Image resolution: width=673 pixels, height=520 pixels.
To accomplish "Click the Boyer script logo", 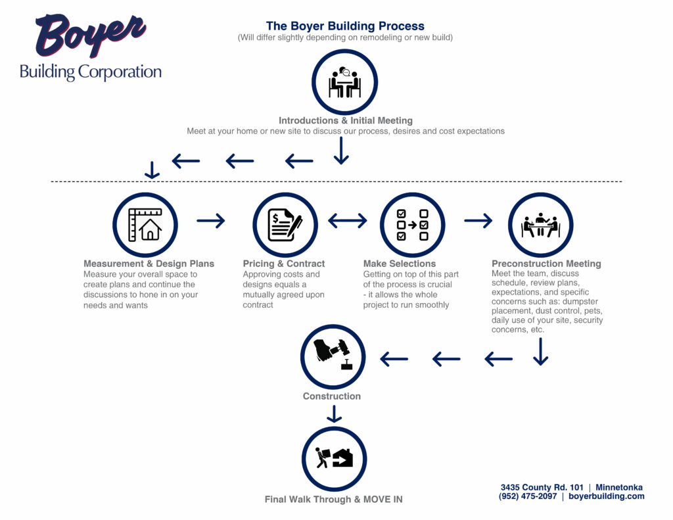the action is tap(90, 35).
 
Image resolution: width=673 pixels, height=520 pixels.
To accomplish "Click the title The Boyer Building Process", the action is tap(345, 26).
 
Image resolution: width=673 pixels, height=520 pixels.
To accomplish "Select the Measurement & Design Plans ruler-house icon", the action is tap(145, 225).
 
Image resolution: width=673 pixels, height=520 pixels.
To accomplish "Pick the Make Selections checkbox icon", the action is tap(412, 225).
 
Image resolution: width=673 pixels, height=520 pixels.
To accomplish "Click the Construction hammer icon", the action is tap(333, 354).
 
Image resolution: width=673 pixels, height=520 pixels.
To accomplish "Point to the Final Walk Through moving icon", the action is tap(334, 458).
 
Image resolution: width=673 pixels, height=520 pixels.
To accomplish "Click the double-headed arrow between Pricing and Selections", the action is tap(347, 221).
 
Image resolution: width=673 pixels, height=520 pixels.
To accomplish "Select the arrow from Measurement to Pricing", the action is tap(211, 221).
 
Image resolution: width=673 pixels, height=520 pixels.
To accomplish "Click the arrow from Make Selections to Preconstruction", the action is tap(478, 221).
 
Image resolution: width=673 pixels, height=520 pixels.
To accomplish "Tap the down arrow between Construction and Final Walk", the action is tap(334, 414).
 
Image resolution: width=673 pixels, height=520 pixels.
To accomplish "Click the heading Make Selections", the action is tap(399, 264).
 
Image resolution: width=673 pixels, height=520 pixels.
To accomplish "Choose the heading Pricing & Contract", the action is tap(284, 264).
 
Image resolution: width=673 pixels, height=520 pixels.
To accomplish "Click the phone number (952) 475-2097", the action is tap(528, 496).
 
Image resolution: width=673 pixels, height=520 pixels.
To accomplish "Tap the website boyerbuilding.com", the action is tap(607, 496).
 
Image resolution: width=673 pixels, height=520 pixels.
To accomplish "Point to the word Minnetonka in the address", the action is tap(619, 487).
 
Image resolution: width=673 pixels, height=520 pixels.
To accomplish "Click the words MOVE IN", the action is tap(383, 500).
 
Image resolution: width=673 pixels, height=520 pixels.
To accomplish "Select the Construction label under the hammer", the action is tap(332, 396).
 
